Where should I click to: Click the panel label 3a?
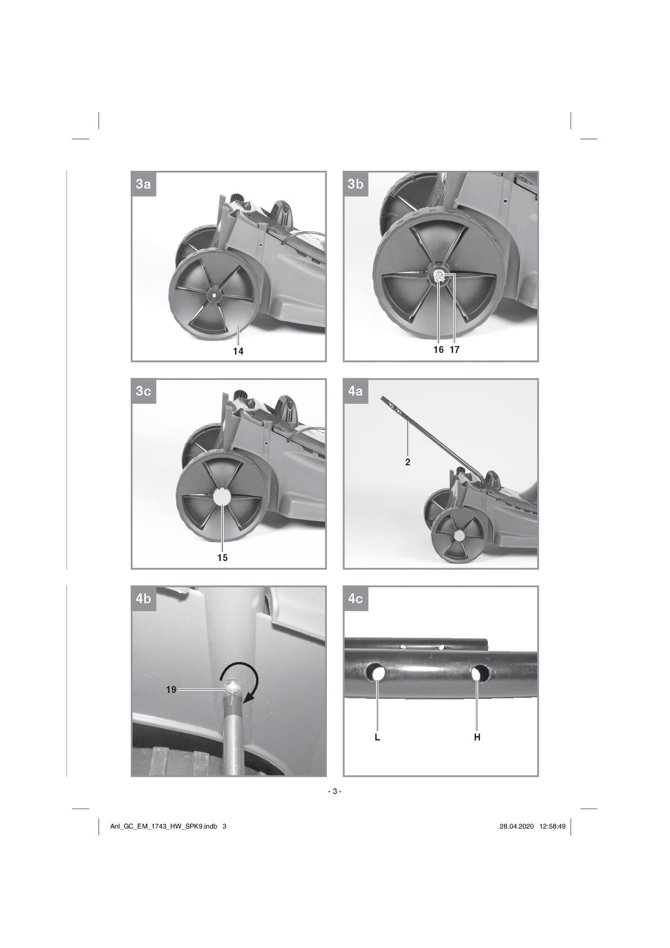[143, 184]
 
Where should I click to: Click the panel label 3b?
[356, 184]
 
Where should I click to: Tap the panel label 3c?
[143, 391]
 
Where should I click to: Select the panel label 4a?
[356, 391]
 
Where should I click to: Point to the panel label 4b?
[143, 599]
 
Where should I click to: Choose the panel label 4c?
[356, 599]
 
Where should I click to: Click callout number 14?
[238, 351]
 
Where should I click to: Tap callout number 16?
[438, 350]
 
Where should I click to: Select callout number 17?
[454, 350]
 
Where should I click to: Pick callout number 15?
[223, 558]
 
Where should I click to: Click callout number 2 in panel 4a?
[408, 462]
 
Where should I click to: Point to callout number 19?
[171, 690]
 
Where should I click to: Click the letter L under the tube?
[378, 737]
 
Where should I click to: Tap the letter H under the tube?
[478, 737]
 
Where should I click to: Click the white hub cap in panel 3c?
[222, 497]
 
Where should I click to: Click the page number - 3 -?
[335, 792]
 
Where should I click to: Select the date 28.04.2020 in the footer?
[517, 826]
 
